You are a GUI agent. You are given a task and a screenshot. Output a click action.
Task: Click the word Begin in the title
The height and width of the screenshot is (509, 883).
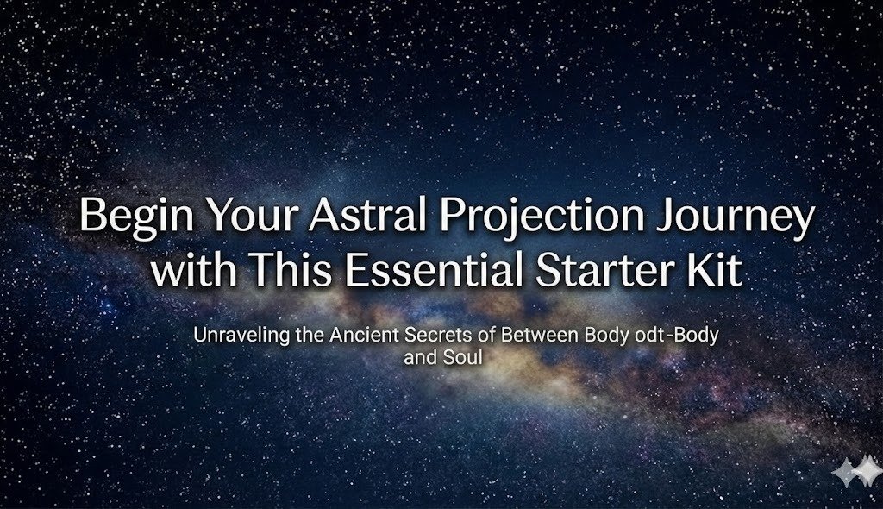(x=128, y=216)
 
